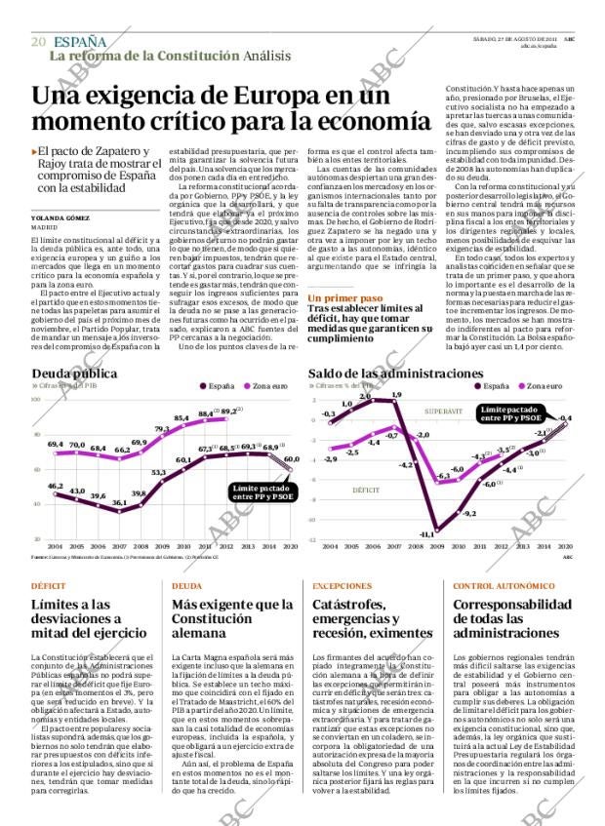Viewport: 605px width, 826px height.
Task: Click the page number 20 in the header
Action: point(39,41)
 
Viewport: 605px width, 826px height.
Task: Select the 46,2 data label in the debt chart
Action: point(56,485)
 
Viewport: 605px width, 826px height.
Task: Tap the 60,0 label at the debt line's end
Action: point(291,458)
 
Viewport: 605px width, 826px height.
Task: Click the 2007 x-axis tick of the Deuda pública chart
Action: point(121,546)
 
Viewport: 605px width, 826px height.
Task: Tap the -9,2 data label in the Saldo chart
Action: point(469,513)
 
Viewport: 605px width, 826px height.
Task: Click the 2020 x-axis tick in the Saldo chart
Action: point(566,546)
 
